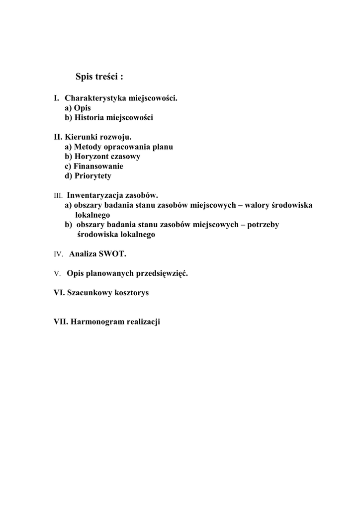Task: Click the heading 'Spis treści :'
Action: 99,77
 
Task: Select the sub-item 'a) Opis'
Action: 78,108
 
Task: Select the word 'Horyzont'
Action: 91,157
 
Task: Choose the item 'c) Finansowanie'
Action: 94,166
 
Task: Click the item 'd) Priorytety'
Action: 88,176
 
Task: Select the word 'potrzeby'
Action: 263,225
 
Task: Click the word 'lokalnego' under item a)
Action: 92,215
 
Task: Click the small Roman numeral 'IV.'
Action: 58,254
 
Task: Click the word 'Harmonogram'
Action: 97,322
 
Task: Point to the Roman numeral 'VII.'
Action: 61,322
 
